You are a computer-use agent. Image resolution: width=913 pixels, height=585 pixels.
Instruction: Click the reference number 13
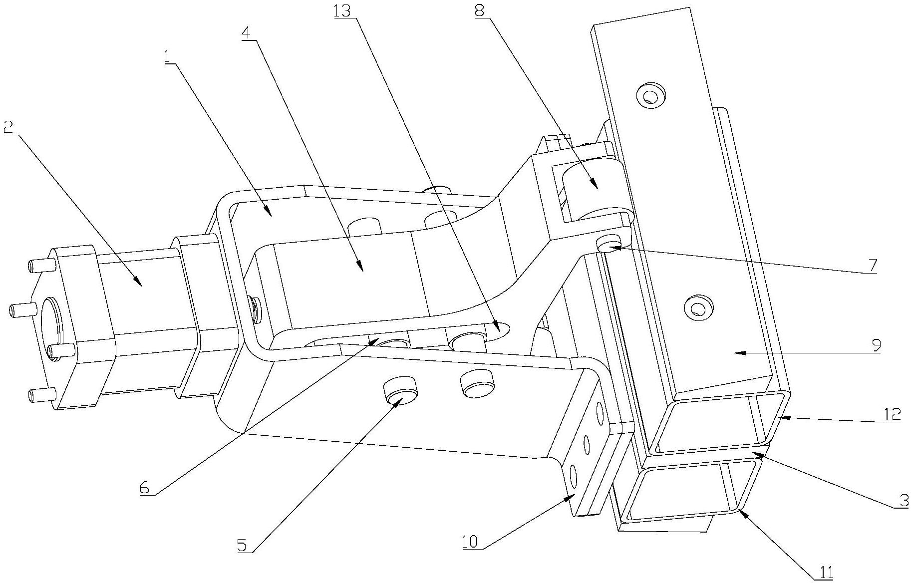point(343,11)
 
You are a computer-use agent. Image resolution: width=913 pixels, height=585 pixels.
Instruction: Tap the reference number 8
point(479,11)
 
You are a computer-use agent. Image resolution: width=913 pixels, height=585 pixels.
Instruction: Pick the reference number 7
point(872,266)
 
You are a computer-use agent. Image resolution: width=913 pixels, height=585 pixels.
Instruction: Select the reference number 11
point(827,572)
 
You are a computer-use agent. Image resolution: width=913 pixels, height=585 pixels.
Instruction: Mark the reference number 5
point(242,546)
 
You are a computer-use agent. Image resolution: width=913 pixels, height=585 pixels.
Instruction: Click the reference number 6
point(144,488)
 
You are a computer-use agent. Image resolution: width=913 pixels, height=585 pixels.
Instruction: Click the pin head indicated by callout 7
point(610,245)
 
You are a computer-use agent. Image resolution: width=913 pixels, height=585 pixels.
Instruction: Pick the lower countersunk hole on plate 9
point(698,307)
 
